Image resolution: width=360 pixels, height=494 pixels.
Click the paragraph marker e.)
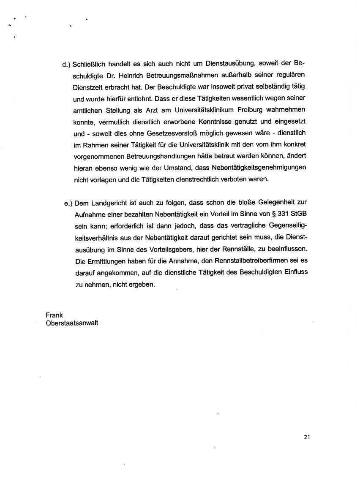tap(68, 204)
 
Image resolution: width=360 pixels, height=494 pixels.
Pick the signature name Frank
tap(54, 315)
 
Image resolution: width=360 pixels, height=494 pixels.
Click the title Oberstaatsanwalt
tap(72, 323)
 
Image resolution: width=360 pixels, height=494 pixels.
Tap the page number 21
tap(307, 437)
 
